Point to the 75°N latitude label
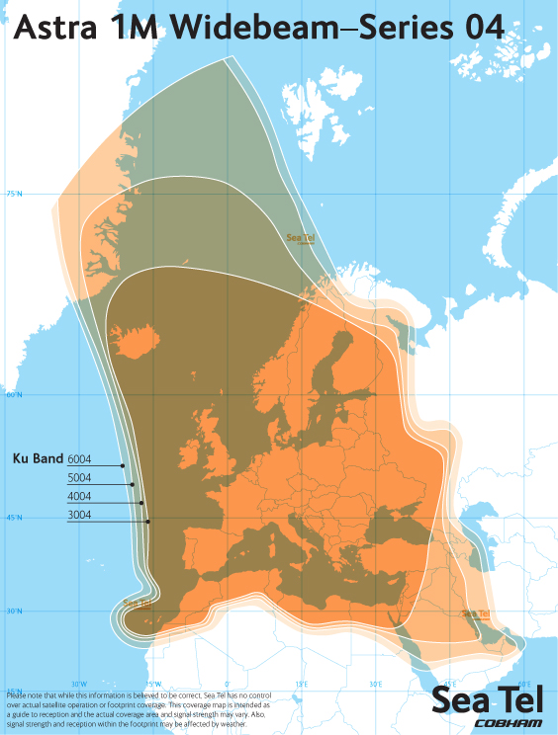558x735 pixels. tap(15, 194)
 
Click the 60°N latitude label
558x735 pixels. tap(15, 394)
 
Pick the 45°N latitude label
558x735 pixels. tap(15, 517)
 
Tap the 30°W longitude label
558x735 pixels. tap(80, 684)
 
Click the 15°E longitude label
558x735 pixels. tap(301, 684)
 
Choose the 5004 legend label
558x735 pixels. tap(80, 478)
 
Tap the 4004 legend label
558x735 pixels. tap(80, 496)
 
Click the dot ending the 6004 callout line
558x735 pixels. tap(123, 465)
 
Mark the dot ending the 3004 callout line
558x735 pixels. tap(147, 521)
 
